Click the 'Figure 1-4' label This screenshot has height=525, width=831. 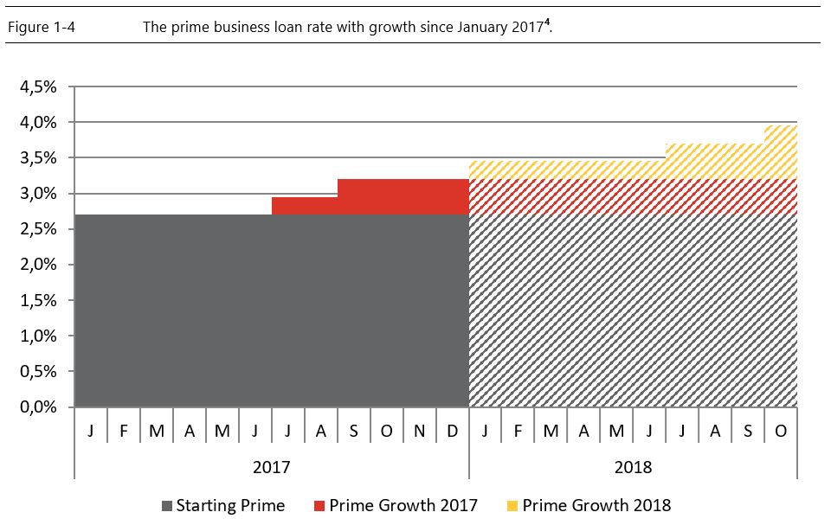coord(42,27)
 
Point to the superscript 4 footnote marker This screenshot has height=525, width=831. coord(549,22)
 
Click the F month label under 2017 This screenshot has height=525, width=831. coord(124,431)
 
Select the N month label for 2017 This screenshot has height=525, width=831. coord(419,431)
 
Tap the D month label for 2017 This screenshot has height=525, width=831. coord(452,431)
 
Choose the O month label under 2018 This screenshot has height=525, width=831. coord(780,431)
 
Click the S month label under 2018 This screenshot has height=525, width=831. coord(747,431)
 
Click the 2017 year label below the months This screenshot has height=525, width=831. coord(271,467)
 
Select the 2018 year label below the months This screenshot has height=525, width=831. coord(632,467)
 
